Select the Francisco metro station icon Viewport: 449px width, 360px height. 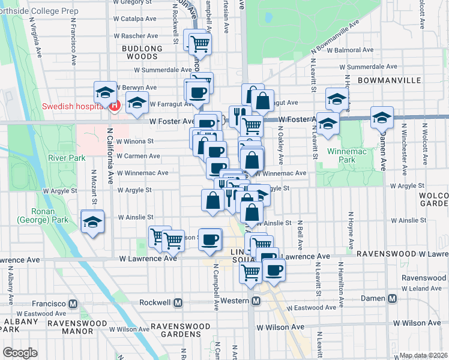73,304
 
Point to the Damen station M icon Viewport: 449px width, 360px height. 392,298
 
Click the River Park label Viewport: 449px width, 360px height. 67,158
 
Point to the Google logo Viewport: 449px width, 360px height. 20,353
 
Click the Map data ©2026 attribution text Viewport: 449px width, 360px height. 423,355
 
